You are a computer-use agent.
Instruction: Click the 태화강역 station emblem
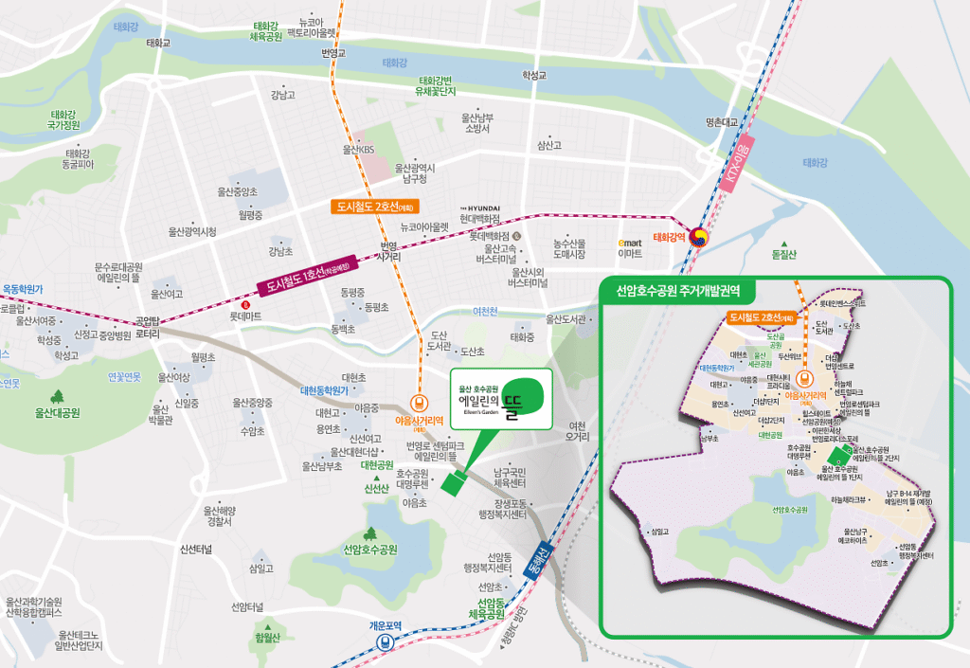698,237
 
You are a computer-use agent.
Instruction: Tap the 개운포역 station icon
386,641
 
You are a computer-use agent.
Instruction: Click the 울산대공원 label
58,412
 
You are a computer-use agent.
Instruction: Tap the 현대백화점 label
479,219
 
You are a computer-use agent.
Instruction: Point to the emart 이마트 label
629,248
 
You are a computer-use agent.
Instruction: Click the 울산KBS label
359,150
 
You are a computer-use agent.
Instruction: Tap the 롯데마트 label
245,316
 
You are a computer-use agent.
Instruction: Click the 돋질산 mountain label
784,254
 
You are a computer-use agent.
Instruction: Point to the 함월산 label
268,638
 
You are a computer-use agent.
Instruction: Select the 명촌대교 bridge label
721,122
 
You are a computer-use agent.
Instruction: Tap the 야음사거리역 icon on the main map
418,402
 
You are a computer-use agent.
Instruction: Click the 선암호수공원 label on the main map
370,550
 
